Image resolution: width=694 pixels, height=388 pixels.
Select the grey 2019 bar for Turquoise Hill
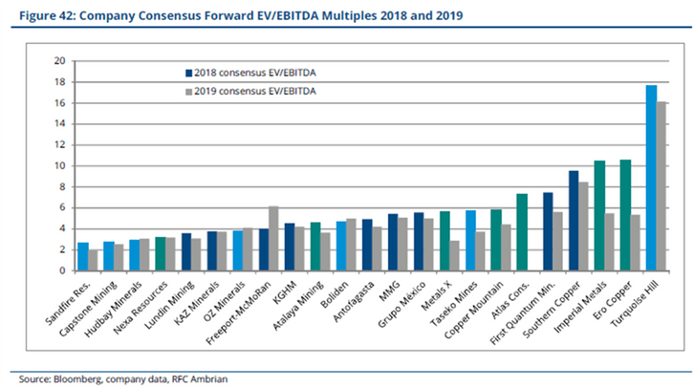(661, 186)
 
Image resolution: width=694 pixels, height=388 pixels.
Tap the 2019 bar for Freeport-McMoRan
(273, 239)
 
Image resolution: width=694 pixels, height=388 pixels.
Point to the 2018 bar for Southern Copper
(574, 221)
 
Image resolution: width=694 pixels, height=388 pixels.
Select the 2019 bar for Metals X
(454, 256)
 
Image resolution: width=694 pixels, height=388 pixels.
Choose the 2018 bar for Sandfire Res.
(83, 257)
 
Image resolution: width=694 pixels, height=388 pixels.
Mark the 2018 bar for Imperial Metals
(599, 216)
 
